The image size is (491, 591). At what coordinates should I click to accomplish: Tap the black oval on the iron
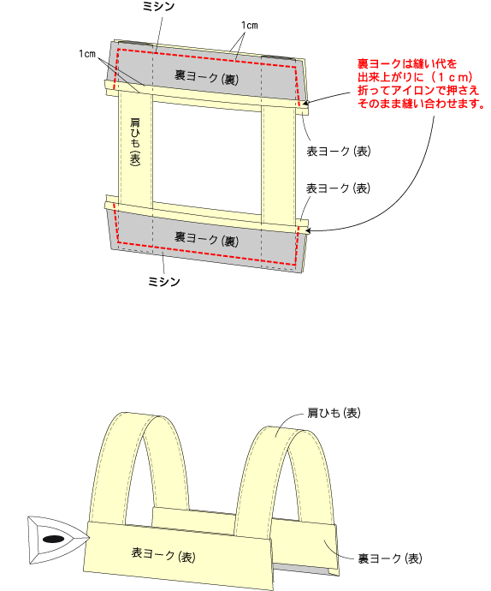[54, 540]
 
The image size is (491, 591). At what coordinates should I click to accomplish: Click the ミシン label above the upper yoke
[159, 6]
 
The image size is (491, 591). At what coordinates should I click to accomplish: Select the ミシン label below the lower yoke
[164, 282]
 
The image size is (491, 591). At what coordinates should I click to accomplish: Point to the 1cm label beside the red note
[250, 25]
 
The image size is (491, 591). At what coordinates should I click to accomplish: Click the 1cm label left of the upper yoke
[87, 54]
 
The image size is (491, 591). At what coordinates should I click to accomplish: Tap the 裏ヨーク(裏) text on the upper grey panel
[206, 76]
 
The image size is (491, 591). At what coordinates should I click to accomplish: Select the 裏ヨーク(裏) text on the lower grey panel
[206, 239]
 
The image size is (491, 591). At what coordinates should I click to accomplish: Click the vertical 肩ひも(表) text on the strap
[135, 141]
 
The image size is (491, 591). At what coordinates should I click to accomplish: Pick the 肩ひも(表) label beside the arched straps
[334, 413]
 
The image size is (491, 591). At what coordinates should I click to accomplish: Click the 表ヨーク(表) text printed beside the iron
[163, 554]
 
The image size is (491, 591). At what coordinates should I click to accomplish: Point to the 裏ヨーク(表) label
[390, 558]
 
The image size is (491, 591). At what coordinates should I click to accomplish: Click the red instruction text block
[421, 83]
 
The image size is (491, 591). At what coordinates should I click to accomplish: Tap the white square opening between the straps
[207, 157]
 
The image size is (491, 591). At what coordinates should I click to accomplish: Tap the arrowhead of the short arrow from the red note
[305, 103]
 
